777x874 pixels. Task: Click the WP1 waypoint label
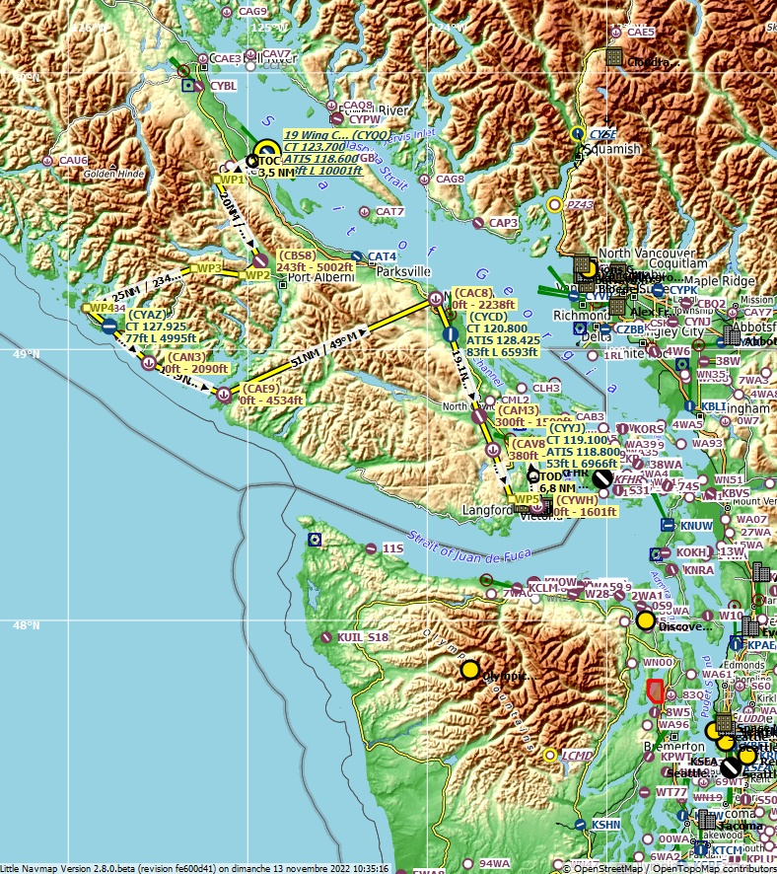(x=231, y=180)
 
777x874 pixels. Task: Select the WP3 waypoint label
(x=208, y=267)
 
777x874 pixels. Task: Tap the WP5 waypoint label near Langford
(x=527, y=499)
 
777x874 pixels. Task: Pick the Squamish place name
(x=611, y=149)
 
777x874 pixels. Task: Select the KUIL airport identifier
(x=350, y=638)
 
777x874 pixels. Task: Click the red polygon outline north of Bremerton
(x=655, y=691)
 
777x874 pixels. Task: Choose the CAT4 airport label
(x=383, y=256)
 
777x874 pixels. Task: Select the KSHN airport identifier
(x=605, y=824)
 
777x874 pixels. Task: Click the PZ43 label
(x=580, y=204)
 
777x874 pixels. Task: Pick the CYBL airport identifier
(x=223, y=86)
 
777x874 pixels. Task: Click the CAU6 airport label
(x=73, y=160)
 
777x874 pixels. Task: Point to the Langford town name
(x=488, y=511)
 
